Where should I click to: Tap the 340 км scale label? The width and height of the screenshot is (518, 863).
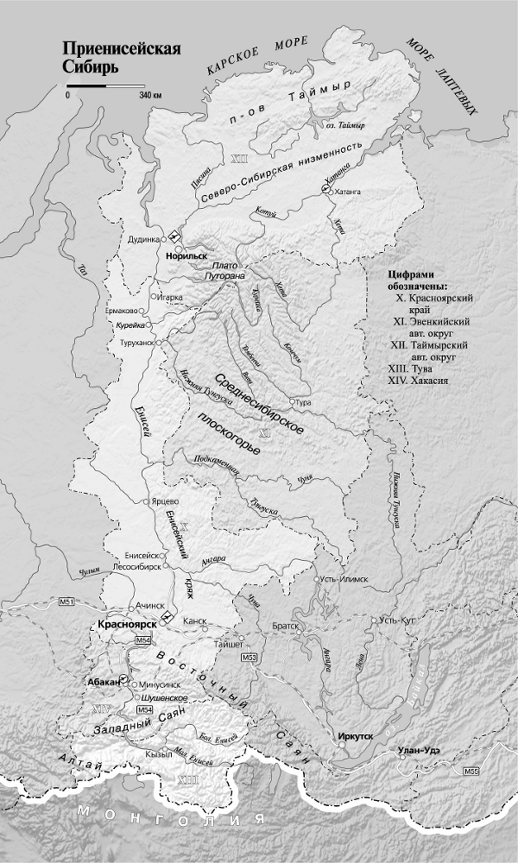151,96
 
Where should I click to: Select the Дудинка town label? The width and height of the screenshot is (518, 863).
143,240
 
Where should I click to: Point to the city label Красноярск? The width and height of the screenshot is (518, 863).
126,623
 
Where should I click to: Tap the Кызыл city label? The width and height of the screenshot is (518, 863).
158,753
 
